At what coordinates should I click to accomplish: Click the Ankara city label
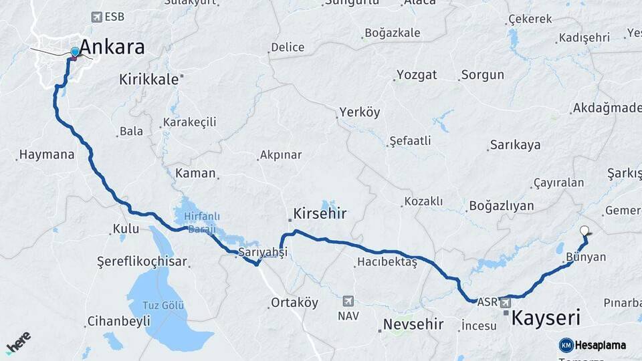pyautogui.click(x=112, y=47)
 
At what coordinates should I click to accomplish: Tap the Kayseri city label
pyautogui.click(x=545, y=318)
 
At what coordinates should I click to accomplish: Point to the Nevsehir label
pyautogui.click(x=413, y=324)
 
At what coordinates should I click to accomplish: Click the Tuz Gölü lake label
pyautogui.click(x=163, y=306)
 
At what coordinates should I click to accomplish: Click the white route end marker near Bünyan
pyautogui.click(x=585, y=231)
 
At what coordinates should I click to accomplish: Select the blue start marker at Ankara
pyautogui.click(x=75, y=51)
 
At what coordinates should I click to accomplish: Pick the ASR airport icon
pyautogui.click(x=505, y=303)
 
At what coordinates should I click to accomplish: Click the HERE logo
pyautogui.click(x=19, y=342)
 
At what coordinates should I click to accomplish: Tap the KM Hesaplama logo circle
pyautogui.click(x=566, y=345)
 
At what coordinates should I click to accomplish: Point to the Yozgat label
pyautogui.click(x=417, y=74)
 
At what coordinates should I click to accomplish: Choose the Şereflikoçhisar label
pyautogui.click(x=142, y=261)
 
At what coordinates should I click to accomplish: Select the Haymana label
pyautogui.click(x=47, y=154)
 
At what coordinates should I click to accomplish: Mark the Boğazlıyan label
pyautogui.click(x=502, y=205)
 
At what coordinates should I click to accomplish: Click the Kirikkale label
pyautogui.click(x=149, y=79)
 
